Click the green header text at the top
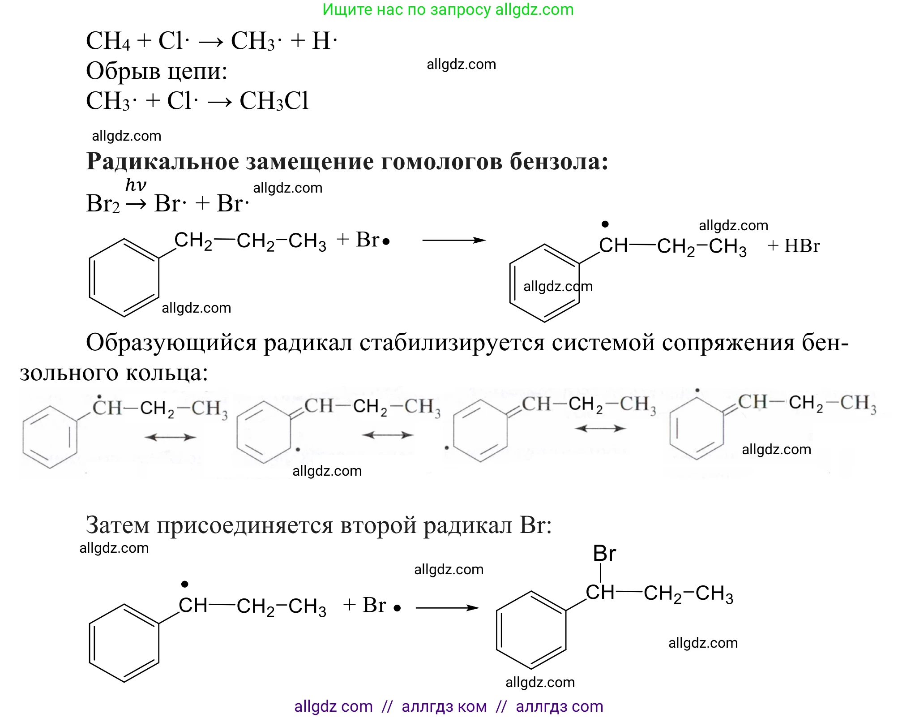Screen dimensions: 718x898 click(448, 9)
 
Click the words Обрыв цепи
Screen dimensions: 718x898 click(157, 71)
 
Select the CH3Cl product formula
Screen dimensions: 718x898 click(274, 101)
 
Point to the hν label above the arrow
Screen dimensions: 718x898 click(136, 185)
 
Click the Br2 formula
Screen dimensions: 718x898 click(103, 204)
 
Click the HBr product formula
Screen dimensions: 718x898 click(802, 246)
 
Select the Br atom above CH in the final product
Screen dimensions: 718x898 click(604, 554)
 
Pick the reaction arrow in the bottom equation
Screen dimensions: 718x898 click(447, 608)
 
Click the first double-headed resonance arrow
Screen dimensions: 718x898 click(171, 437)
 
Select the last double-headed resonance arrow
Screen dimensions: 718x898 click(600, 429)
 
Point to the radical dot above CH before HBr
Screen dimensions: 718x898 click(605, 224)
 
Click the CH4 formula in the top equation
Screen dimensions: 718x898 click(108, 41)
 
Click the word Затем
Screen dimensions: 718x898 click(117, 525)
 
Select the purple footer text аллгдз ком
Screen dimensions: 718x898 click(444, 706)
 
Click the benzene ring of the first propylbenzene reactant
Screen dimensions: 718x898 click(124, 278)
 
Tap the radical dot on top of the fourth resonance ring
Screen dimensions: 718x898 click(697, 391)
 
